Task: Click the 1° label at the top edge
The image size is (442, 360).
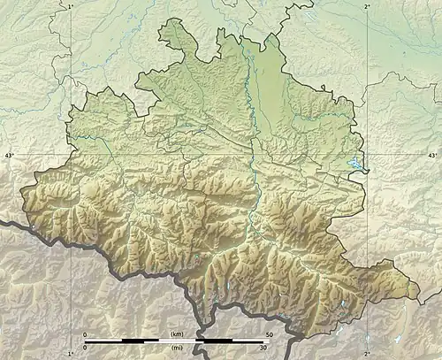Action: tap(71, 5)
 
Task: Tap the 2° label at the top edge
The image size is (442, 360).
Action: tap(367, 5)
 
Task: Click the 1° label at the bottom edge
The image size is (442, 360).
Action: tap(71, 354)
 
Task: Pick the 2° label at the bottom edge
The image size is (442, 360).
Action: tap(367, 354)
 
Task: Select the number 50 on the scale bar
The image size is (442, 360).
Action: tap(268, 334)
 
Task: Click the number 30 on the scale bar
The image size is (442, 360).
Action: tap(262, 349)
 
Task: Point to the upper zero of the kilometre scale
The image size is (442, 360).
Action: tap(85, 334)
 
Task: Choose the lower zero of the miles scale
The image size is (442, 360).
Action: tap(85, 349)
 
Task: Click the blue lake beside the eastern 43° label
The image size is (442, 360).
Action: tap(356, 164)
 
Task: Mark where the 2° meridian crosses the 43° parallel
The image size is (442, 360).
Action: tap(367, 156)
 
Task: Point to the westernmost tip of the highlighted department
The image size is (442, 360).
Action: tap(19, 203)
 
